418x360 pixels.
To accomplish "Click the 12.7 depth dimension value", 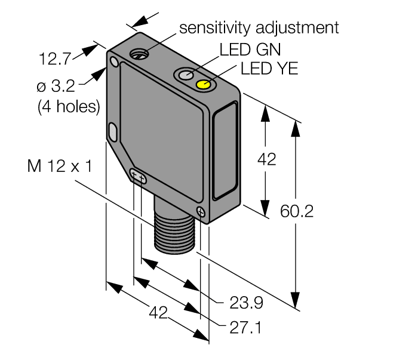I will [55, 59].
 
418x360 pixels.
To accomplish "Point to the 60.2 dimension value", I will [297, 211].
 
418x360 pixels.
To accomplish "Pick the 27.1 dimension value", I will [246, 328].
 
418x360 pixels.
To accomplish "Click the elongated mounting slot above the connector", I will [138, 176].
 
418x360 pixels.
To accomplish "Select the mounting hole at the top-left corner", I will [114, 61].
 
